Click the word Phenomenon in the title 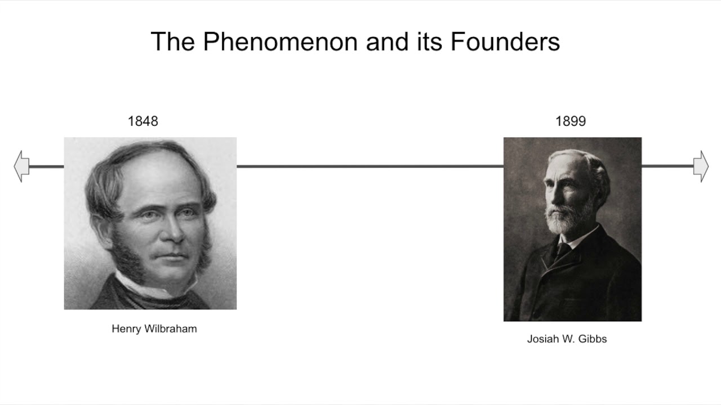click(280, 42)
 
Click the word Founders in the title click(505, 42)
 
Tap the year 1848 click(143, 121)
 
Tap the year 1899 click(571, 121)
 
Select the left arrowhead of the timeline click(21, 166)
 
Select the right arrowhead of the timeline click(701, 166)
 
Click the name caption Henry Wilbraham click(154, 329)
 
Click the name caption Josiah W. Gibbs click(567, 339)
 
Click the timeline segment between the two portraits click(370, 166)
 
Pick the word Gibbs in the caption click(593, 339)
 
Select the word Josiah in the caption click(541, 339)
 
